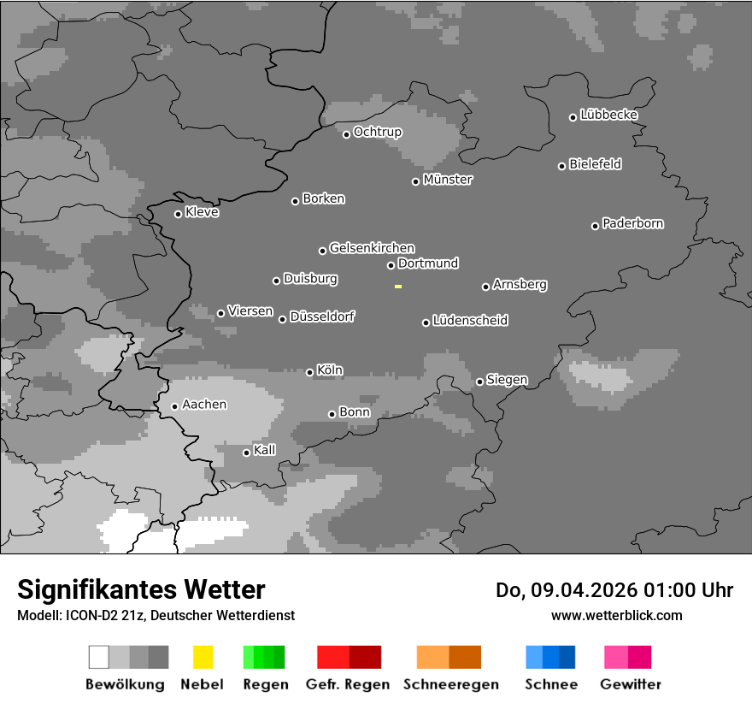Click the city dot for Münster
415,181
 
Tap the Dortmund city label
428,263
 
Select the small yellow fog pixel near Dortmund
398,287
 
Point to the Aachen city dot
174,406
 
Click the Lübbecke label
608,115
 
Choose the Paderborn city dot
595,226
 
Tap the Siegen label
507,380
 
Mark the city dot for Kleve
178,214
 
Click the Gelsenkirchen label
372,248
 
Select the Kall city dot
246,453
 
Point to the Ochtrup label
377,132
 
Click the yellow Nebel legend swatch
203,657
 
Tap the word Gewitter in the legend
631,684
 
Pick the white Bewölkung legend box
99,657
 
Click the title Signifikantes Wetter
141,589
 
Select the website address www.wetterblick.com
616,615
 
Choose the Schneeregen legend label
451,684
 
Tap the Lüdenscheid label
470,321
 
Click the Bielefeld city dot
561,166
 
